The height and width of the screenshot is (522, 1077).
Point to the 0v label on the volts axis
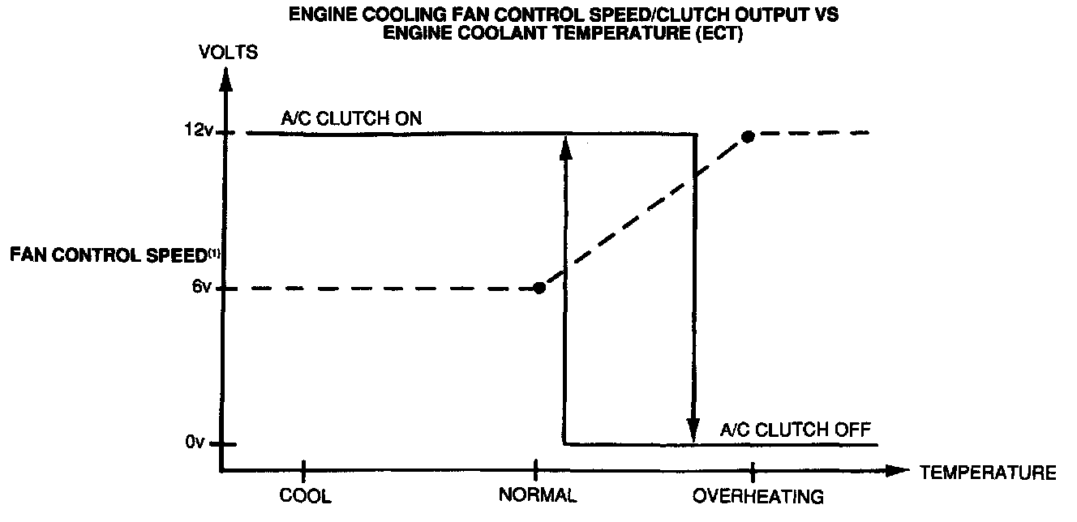point(197,443)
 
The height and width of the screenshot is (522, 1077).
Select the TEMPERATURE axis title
point(988,473)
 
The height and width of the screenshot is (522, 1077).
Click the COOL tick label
point(305,496)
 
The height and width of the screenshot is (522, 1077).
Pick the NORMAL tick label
point(537,496)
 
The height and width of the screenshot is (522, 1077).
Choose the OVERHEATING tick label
point(758,496)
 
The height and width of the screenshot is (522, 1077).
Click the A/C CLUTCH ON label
point(351,118)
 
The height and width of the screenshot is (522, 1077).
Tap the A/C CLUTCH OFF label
point(795,429)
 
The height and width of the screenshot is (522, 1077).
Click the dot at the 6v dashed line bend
point(539,288)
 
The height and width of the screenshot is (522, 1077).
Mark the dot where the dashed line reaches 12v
point(748,136)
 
